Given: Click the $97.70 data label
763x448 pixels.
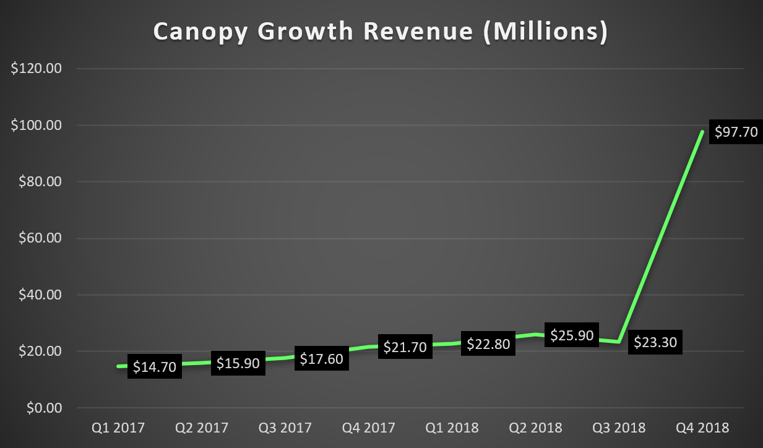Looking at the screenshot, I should click(736, 132).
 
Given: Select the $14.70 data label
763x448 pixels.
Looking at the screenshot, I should click(154, 367).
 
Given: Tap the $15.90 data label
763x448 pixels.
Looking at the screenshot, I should click(238, 363).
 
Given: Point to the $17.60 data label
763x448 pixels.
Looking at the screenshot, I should click(322, 359).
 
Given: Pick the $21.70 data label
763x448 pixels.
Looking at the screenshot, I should click(405, 347).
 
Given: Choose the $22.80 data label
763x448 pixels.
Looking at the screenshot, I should click(489, 344).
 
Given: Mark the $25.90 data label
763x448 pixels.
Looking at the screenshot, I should click(572, 336).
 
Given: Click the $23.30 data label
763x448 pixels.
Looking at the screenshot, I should click(655, 342).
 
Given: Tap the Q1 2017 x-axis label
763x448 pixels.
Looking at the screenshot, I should click(118, 428).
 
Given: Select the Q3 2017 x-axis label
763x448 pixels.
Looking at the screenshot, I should click(285, 428).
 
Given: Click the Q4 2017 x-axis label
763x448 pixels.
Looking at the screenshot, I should click(369, 428).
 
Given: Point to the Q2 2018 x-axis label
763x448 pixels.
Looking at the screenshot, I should click(536, 428).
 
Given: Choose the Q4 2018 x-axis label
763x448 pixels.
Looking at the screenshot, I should click(703, 428).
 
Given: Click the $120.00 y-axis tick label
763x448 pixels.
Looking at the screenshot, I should click(37, 69).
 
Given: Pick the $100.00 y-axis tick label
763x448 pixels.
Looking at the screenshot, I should click(37, 126).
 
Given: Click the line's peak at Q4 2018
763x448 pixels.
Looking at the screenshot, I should click(702, 132).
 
